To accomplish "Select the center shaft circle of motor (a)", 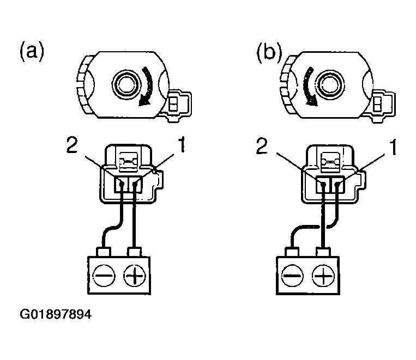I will (x=125, y=84).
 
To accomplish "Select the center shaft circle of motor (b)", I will (x=330, y=84).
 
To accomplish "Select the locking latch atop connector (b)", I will (x=330, y=160).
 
